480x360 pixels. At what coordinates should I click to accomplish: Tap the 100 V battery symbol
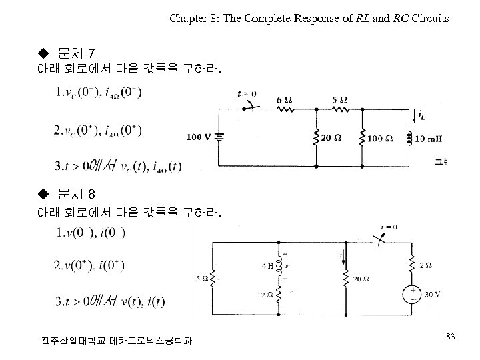pos(219,137)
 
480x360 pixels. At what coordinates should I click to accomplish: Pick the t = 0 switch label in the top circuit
pos(247,94)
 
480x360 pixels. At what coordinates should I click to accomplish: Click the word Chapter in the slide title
pos(188,19)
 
